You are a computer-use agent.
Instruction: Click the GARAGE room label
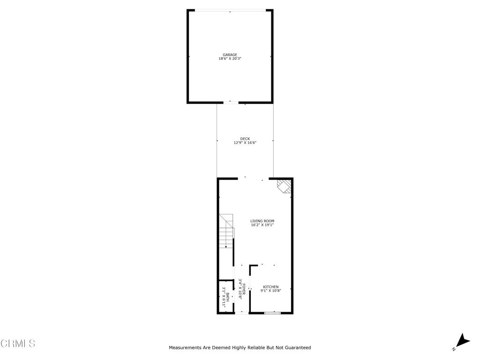pyautogui.click(x=230, y=55)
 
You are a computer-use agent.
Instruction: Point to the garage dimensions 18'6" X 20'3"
pyautogui.click(x=230, y=59)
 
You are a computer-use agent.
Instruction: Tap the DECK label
pyautogui.click(x=245, y=139)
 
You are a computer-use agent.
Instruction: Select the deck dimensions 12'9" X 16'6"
pyautogui.click(x=245, y=142)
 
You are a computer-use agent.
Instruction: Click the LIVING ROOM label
pyautogui.click(x=262, y=221)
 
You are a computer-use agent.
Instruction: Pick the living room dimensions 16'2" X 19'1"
pyautogui.click(x=262, y=225)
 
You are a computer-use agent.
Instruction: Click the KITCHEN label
pyautogui.click(x=270, y=287)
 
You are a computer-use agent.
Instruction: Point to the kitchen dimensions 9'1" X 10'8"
pyautogui.click(x=270, y=291)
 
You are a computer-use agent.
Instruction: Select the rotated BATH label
pyautogui.click(x=228, y=296)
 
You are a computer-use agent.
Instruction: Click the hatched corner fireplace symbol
pyautogui.click(x=284, y=186)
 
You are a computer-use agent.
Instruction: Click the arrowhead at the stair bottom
pyautogui.click(x=226, y=247)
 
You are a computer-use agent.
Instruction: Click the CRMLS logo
pyautogui.click(x=18, y=344)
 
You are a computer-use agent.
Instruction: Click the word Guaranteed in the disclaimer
pyautogui.click(x=295, y=348)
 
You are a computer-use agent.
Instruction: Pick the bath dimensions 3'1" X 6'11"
pyautogui.click(x=224, y=296)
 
